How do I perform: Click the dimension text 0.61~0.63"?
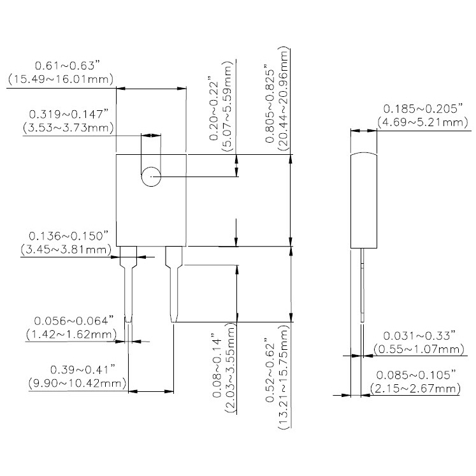pos(68,66)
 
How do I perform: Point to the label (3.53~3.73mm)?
pos(68,128)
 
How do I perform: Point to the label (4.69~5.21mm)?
pos(417,121)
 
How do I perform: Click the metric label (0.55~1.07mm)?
pos(417,349)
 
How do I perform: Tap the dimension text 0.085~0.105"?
pos(417,375)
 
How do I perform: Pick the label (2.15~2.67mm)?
pos(417,389)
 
